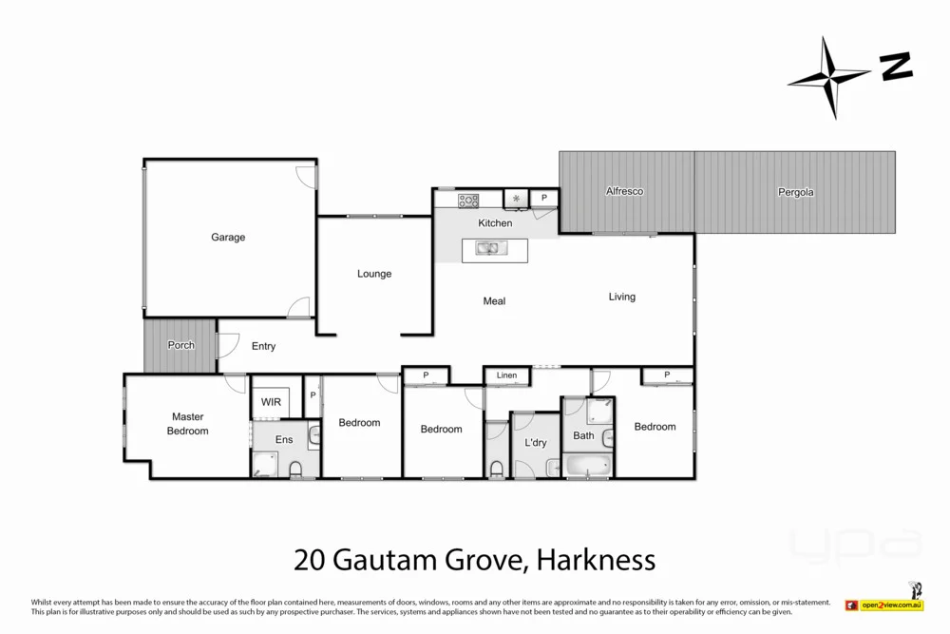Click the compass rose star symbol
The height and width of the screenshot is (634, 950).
pos(829,78)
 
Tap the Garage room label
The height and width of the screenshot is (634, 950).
pos(228,237)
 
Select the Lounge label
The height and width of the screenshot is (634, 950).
pos(374,274)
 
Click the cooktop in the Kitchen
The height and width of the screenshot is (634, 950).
pos(469,200)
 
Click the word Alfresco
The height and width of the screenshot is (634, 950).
pos(624,191)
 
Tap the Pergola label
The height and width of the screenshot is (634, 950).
pos(795,192)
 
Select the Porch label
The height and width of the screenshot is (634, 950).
pos(180,345)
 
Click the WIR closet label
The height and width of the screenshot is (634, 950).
pos(271,402)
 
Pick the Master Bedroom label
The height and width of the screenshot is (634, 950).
pos(187,424)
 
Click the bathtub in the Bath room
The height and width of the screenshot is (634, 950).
pos(586,466)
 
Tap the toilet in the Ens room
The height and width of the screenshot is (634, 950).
pos(294,468)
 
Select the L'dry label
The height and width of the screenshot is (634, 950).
pos(535,443)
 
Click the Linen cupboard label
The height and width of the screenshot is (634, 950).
pos(506,375)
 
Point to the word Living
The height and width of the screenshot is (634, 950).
pos(622,297)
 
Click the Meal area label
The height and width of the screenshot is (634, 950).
pos(494,301)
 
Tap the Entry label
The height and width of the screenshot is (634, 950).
pos(263,346)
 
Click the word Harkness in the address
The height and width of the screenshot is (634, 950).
pos(596,559)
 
